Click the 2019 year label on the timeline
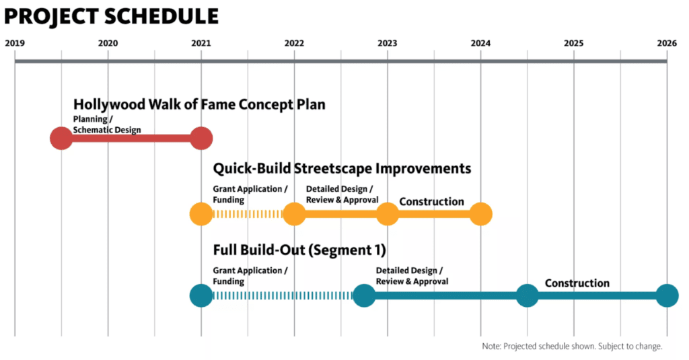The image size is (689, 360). (15, 43)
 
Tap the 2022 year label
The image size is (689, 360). (294, 43)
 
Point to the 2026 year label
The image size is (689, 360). (667, 43)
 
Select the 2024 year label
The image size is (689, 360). (480, 43)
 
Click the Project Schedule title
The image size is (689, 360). (111, 16)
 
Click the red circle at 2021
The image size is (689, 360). (201, 139)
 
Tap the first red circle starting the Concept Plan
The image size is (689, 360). (61, 139)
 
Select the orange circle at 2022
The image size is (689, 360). (295, 214)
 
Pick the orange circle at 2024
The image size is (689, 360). (480, 214)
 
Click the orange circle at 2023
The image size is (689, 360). (388, 214)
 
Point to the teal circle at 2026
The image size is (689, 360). (667, 295)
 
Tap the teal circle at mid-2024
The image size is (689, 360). (528, 295)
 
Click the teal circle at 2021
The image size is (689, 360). (201, 295)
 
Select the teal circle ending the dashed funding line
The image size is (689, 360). (364, 295)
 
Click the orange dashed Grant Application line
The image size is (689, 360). (248, 214)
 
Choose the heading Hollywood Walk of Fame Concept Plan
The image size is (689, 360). (199, 104)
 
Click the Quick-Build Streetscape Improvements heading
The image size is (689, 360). (342, 168)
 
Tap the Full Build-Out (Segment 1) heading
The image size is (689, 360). (299, 250)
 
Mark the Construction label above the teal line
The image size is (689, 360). (577, 283)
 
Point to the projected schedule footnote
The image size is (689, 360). (572, 347)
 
